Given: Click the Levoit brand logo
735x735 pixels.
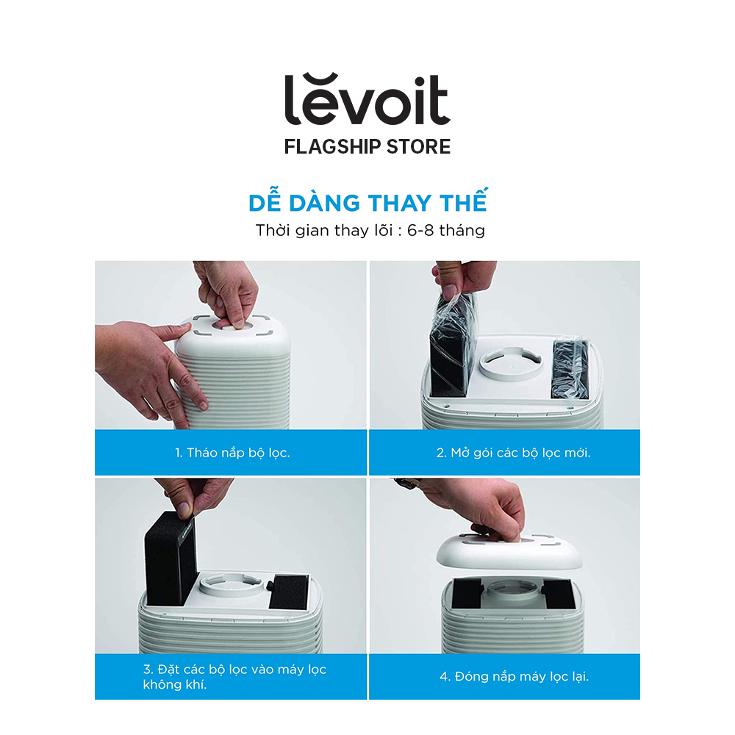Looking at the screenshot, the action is click(x=367, y=99).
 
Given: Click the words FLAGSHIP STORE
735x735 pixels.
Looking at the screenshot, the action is click(x=367, y=147).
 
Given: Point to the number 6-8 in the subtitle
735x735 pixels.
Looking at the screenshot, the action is click(x=420, y=231).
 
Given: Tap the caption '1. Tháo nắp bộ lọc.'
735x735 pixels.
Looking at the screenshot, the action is click(x=232, y=453).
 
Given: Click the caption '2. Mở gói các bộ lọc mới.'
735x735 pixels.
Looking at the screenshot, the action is click(x=513, y=453).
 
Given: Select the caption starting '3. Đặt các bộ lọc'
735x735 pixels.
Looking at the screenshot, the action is click(x=234, y=677).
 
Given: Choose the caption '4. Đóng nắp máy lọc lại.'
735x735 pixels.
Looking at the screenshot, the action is click(x=514, y=676).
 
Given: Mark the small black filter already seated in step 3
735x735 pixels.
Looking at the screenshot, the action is click(x=289, y=592).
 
